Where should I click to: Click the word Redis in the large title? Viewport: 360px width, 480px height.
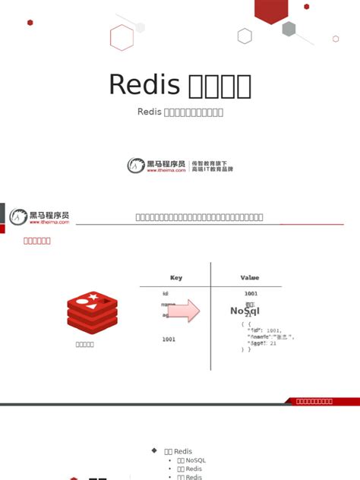144,84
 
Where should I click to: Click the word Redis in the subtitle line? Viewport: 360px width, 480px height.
150,112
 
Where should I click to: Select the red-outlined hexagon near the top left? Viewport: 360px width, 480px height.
122,36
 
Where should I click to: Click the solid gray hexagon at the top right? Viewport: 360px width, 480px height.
289,29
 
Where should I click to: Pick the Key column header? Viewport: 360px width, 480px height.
176,278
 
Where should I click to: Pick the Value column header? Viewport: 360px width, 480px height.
250,278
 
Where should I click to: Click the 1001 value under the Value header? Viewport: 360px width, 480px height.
251,293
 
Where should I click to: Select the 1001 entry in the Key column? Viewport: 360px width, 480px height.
169,339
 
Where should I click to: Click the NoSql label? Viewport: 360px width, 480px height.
245,311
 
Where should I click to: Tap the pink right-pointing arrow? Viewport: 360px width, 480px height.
183,311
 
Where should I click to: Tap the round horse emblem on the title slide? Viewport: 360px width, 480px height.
135,165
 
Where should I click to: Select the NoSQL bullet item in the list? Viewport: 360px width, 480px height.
191,460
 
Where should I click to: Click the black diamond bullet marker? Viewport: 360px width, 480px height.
156,451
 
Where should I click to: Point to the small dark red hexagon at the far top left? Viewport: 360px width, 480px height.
30,23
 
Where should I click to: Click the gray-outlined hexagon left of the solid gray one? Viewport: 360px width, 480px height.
245,36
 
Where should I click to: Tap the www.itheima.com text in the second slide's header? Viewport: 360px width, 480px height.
50,223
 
